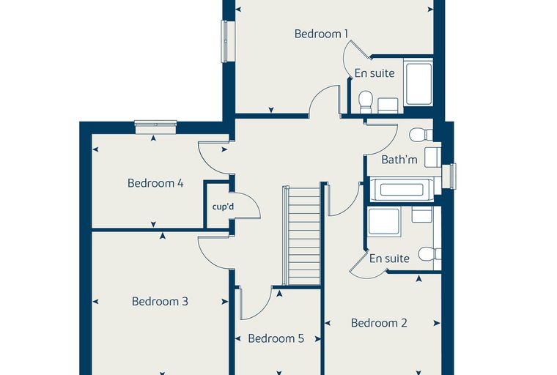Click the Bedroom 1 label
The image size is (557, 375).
click(x=321, y=34)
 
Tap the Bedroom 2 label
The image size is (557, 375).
click(x=379, y=323)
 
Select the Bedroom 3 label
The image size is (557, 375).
click(x=160, y=302)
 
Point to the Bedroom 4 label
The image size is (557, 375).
click(x=155, y=183)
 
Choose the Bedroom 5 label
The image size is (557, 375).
click(x=276, y=338)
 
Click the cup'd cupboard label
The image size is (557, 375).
click(x=223, y=207)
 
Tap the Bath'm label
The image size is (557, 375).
click(x=399, y=160)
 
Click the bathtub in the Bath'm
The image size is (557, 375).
click(x=402, y=190)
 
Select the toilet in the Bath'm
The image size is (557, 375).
click(x=421, y=135)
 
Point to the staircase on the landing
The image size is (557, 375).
click(x=302, y=235)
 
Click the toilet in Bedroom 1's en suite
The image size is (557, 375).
click(x=365, y=102)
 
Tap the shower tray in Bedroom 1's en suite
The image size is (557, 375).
click(x=419, y=84)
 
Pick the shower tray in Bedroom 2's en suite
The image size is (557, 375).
click(x=385, y=222)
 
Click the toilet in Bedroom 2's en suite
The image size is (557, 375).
click(x=429, y=254)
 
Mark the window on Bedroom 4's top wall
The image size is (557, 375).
click(x=155, y=128)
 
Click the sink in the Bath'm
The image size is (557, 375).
click(x=433, y=157)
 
